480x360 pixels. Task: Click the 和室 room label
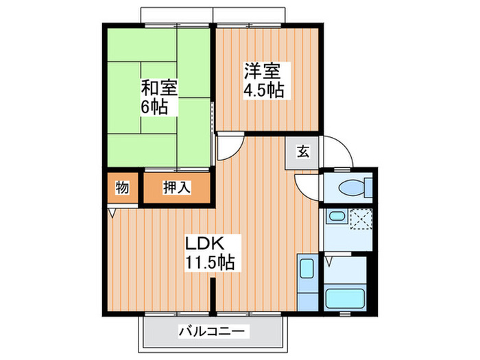click(x=159, y=88)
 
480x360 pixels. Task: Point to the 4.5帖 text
click(x=263, y=88)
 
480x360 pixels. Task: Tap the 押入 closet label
click(x=177, y=187)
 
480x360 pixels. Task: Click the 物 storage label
click(x=123, y=187)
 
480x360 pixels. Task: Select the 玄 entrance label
click(x=302, y=152)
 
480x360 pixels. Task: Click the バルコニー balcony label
click(x=211, y=331)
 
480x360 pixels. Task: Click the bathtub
click(x=346, y=298)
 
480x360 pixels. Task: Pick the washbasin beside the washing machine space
click(x=336, y=218)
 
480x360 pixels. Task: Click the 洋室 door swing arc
click(x=230, y=145)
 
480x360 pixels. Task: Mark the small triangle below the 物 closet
click(x=112, y=213)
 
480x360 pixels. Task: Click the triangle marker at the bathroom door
click(x=328, y=261)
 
